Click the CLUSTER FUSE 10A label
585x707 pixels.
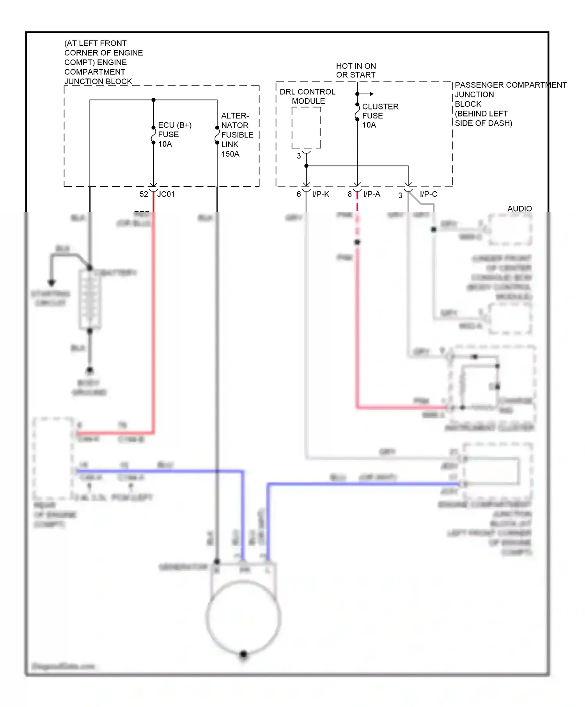tap(380, 116)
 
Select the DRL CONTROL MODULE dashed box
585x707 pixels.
tap(306, 127)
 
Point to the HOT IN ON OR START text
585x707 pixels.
tap(356, 71)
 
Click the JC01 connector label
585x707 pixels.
tap(166, 194)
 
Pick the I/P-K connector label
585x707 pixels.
tap(321, 194)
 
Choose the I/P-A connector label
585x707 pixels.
tap(371, 194)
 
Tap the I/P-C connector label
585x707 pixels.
tap(428, 194)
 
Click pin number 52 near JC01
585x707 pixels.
tap(144, 194)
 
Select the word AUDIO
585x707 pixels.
tap(519, 209)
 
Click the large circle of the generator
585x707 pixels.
tap(243, 617)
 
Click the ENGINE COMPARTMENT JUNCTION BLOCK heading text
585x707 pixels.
tap(103, 62)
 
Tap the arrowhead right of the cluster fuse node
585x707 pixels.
tap(372, 94)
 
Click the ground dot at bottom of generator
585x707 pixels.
tap(243, 654)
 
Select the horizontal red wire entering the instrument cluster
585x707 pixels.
tap(402, 408)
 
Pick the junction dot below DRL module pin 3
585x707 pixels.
tap(307, 166)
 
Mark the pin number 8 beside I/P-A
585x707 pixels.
tap(350, 194)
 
